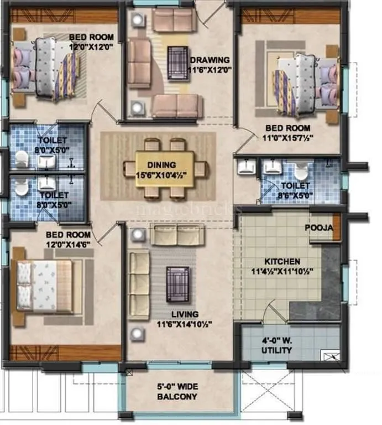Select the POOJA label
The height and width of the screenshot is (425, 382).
(318, 228)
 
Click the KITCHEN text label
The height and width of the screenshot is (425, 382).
(282, 261)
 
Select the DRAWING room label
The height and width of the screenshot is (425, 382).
(210, 60)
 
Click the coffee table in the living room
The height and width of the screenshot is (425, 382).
(177, 284)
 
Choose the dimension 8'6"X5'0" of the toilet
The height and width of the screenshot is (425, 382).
(295, 195)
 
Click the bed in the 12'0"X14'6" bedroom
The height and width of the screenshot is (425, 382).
(44, 286)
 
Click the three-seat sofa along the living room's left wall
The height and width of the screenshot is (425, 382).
(139, 283)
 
